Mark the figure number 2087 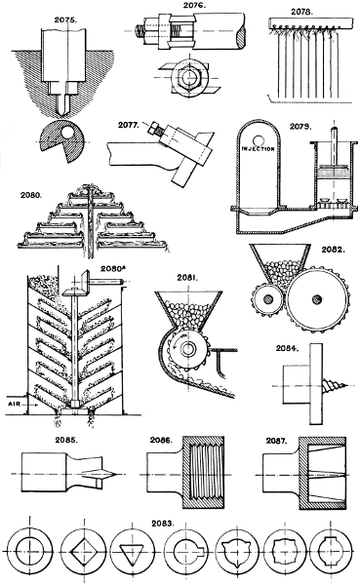pyautogui.click(x=277, y=441)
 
